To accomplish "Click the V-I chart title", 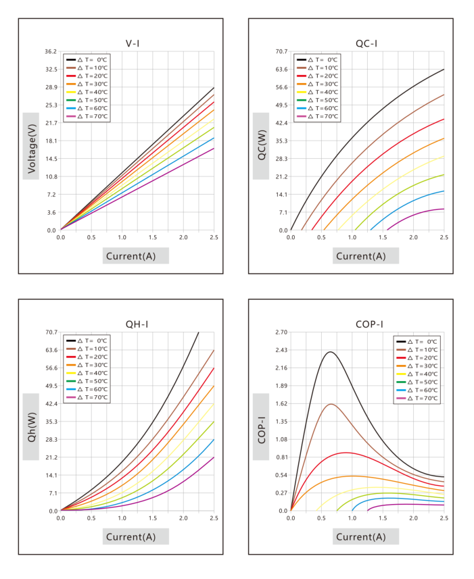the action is click(133, 43).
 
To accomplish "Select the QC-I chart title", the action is click(366, 43).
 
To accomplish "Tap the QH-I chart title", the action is click(137, 324).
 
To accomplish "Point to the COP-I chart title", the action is click(369, 324).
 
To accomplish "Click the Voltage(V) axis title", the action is click(31, 149).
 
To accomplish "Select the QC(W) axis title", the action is click(262, 145).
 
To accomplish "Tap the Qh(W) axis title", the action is click(31, 427).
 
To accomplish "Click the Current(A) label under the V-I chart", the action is click(131, 256).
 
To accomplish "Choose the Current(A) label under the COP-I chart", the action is click(361, 536).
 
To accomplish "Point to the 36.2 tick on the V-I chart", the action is click(51, 51).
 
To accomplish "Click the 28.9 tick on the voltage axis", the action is click(51, 87).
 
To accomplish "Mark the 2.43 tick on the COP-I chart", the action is click(281, 350).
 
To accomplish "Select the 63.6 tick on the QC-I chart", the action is click(281, 69).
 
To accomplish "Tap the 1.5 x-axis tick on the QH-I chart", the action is click(153, 518).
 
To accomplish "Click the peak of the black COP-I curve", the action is click(330, 352).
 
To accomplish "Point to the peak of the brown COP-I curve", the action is click(331, 404).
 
